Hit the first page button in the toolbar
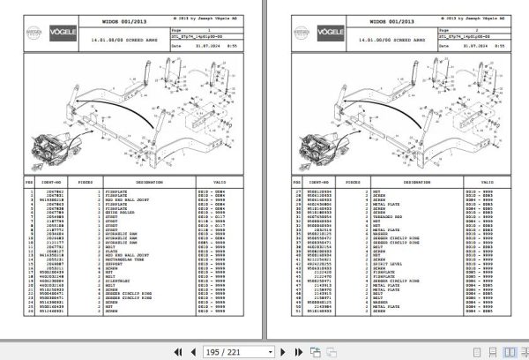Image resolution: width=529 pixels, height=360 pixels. coord(176,350)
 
